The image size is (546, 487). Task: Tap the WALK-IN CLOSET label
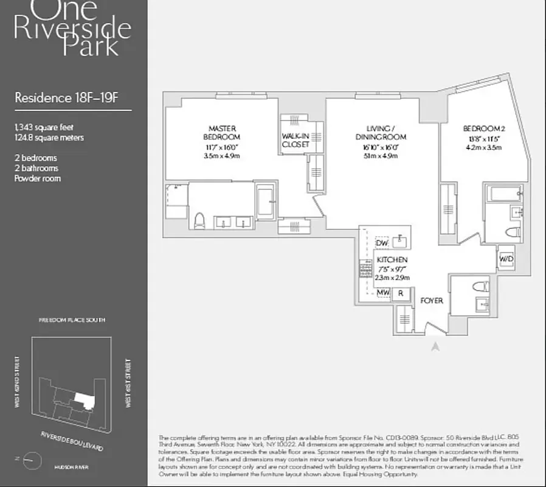tap(295, 140)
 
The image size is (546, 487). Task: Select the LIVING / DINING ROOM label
tap(381, 133)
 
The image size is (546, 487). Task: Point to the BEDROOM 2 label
tap(483, 128)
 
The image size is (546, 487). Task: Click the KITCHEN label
tap(392, 259)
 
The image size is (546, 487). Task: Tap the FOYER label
tap(432, 301)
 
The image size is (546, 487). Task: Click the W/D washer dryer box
tap(506, 259)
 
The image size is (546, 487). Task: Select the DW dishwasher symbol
tap(382, 243)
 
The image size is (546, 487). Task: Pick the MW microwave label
tap(382, 293)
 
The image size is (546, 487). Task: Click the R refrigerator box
tap(400, 293)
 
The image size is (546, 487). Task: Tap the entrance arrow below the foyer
tap(435, 347)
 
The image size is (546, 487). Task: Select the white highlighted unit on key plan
tap(85, 400)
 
